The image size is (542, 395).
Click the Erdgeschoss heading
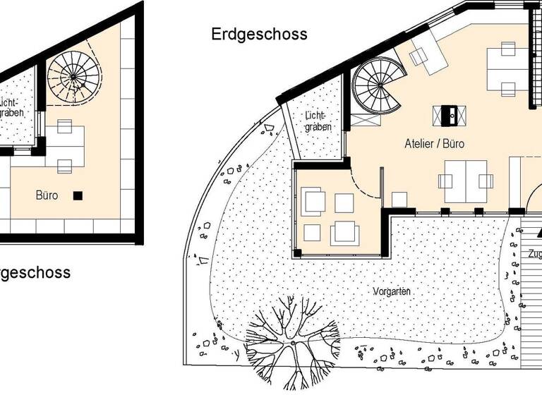[x=259, y=34]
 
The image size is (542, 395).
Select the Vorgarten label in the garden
[x=392, y=291]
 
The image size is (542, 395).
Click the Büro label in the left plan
[x=47, y=195]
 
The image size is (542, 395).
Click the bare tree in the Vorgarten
[x=292, y=341]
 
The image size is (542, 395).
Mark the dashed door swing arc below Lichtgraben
[x=366, y=185]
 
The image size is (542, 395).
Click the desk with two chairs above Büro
[x=64, y=146]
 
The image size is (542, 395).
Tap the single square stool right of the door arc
[x=399, y=200]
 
